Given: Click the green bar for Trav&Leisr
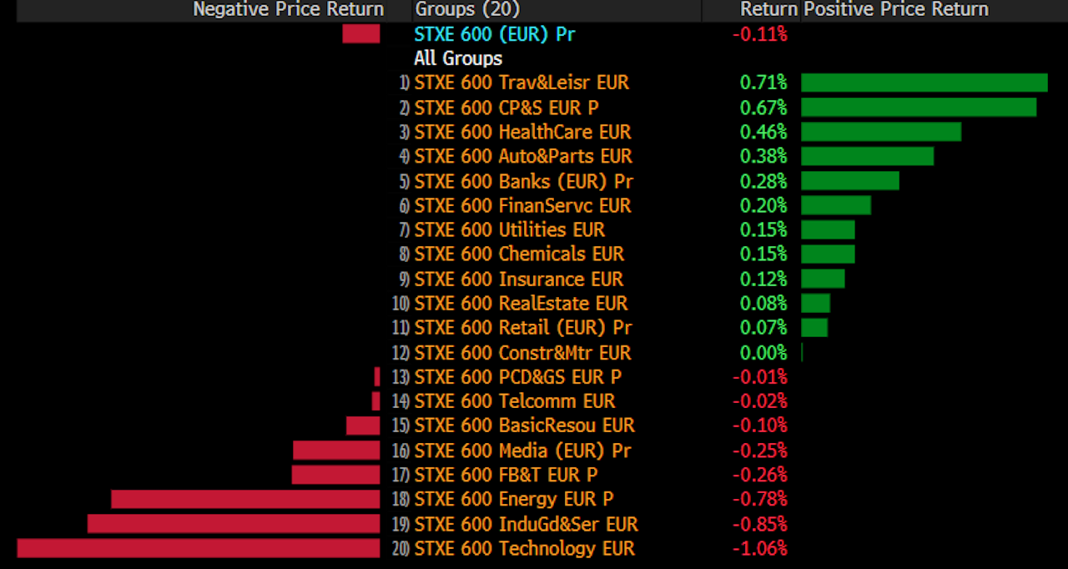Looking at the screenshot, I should pos(924,83).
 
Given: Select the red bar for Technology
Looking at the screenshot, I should pos(199,548).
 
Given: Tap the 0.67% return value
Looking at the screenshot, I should pos(763,108).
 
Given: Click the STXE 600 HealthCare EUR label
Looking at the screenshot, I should pos(522,132).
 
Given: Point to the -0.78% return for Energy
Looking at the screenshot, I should pos(759,499).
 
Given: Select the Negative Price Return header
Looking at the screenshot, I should pos(288,9).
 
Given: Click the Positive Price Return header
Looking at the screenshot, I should pos(895,9).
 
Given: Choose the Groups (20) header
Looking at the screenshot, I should pos(467,9).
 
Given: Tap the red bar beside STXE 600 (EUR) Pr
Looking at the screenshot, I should pos(360,34).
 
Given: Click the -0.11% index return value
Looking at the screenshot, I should pos(759,34).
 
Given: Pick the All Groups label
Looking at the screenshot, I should pos(458,58).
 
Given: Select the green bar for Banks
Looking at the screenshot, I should pos(850,181).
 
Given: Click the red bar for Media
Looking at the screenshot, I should pos(336,451).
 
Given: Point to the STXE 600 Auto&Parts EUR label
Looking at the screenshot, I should pos(523,156).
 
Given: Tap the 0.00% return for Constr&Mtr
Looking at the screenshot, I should pos(763,353).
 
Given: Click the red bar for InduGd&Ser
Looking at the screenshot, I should pos(234,524).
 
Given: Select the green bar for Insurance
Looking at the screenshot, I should pos(823,279).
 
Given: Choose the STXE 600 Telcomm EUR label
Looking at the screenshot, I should pos(515,401).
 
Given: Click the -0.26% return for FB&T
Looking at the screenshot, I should pos(759,475).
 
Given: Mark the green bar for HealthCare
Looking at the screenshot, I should pos(881,132).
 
